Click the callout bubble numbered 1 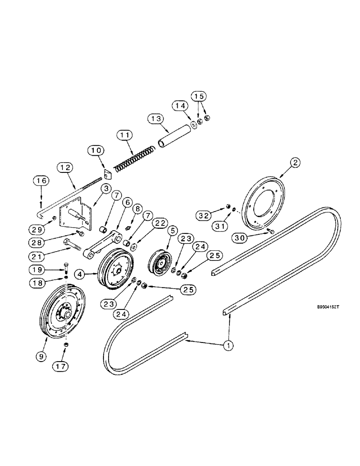point(228,346)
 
